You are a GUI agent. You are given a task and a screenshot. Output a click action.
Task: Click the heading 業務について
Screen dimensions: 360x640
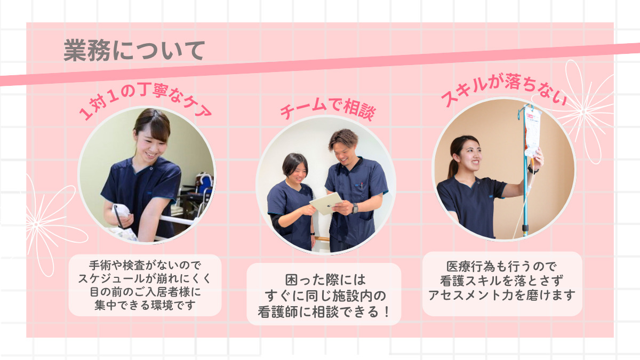tap(134, 51)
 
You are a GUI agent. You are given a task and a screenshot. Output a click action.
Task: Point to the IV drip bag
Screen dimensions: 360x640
tap(532, 131)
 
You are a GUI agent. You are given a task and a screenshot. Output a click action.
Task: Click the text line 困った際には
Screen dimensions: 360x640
tap(324, 279)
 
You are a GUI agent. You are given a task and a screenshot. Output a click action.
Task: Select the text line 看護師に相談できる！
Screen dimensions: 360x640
tap(324, 310)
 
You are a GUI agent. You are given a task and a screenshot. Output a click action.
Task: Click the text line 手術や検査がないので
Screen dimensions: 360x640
tap(145, 265)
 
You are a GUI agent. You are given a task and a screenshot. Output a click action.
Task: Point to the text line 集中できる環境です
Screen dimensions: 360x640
tap(145, 305)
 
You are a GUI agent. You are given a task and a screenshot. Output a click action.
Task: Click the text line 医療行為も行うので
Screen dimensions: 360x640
tap(502, 266)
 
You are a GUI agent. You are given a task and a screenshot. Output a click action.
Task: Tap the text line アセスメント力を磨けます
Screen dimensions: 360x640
tap(502, 294)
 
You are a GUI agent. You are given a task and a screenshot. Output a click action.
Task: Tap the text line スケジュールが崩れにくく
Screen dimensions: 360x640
tap(145, 278)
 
